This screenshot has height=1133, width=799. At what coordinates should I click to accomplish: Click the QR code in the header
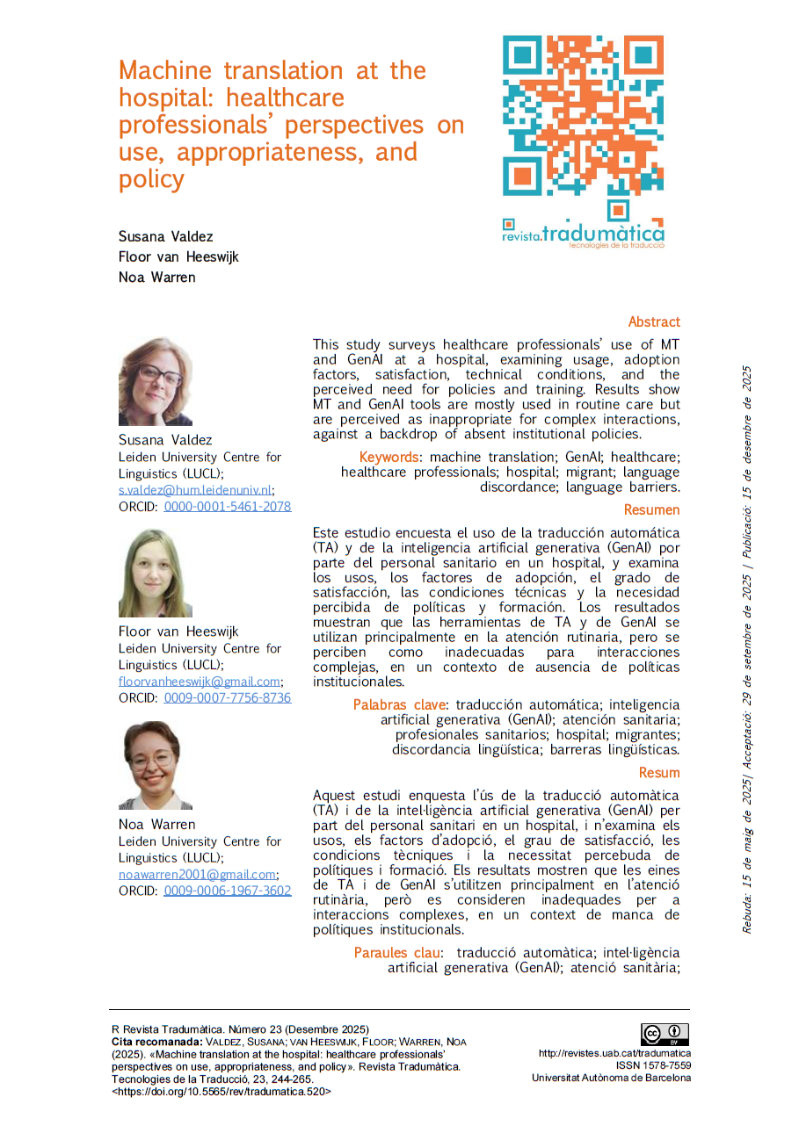click(583, 115)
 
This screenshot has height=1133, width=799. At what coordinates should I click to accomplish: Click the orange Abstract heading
click(653, 322)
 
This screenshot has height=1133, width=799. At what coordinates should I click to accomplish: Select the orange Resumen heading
click(651, 510)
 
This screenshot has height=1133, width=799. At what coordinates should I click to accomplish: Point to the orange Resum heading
click(659, 773)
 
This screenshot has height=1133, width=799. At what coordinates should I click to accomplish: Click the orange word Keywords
click(389, 458)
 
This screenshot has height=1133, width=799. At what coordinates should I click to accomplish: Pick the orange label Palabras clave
click(399, 705)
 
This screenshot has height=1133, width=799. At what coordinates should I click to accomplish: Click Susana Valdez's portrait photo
click(156, 382)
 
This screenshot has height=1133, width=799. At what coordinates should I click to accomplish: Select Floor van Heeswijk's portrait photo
click(156, 574)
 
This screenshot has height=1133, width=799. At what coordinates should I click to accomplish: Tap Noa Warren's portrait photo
click(156, 765)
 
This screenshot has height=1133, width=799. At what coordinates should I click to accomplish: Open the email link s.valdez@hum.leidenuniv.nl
click(196, 490)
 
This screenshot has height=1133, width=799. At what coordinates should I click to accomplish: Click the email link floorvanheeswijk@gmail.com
click(200, 682)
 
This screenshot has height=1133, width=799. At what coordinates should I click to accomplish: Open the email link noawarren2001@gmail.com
click(198, 875)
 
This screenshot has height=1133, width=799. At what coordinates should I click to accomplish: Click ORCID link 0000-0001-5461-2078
click(227, 507)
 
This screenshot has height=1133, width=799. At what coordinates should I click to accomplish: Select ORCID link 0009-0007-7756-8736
click(227, 698)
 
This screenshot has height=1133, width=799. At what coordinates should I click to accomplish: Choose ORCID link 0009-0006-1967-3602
click(227, 891)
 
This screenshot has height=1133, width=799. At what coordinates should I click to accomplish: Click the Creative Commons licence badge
click(665, 1035)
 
